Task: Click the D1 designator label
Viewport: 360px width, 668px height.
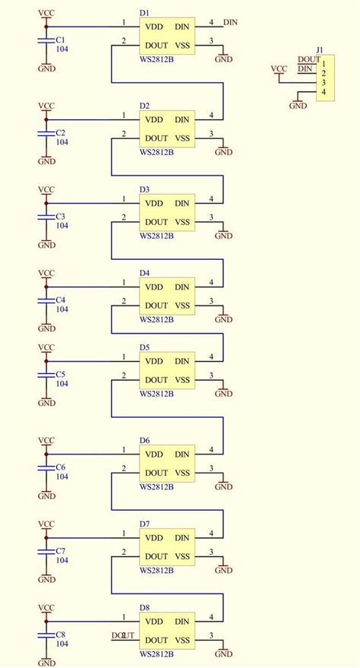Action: [144, 14]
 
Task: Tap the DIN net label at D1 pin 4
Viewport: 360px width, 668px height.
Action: [230, 24]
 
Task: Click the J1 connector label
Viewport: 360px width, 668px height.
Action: [320, 50]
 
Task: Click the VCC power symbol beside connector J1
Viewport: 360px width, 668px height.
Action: [279, 69]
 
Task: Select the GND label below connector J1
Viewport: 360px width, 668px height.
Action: [298, 106]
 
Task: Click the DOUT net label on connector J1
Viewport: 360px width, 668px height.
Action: [308, 59]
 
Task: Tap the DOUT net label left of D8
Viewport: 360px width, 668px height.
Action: [123, 635]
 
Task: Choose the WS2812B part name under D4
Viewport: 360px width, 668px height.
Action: [157, 319]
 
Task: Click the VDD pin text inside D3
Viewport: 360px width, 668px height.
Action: [155, 203]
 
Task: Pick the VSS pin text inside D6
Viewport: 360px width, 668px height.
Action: [182, 473]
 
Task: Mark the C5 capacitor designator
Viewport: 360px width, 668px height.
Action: [61, 375]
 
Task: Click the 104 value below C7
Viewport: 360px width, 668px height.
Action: [62, 560]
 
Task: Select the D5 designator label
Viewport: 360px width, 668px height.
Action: [144, 347]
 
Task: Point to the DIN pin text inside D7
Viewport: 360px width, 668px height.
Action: [182, 538]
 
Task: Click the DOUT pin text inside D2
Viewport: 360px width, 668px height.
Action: [156, 138]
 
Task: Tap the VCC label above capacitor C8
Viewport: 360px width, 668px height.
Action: [46, 608]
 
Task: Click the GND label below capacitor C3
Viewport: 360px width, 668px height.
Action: [46, 245]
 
